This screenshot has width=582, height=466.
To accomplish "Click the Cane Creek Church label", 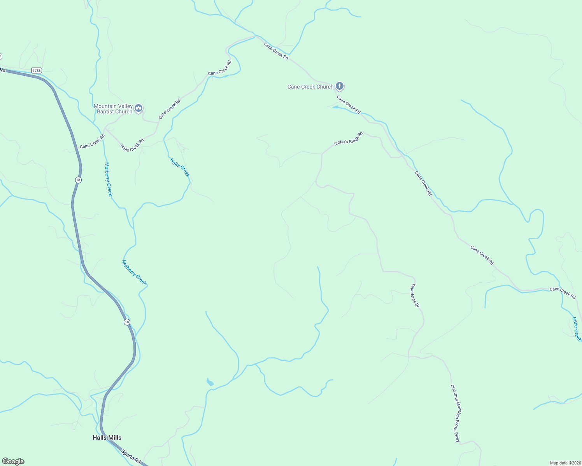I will (310, 87).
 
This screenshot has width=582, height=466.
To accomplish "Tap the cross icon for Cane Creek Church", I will (339, 86).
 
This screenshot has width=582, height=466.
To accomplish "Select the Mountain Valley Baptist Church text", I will (113, 109).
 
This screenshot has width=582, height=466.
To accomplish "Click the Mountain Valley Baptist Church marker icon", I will (138, 108).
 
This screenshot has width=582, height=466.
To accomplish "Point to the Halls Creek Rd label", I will (132, 145).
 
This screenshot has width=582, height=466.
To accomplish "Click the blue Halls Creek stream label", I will (180, 167).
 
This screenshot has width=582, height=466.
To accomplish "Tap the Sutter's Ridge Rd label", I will (348, 139).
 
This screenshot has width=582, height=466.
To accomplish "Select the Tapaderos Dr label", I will (415, 295).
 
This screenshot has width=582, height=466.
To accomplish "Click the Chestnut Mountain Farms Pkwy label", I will (455, 413).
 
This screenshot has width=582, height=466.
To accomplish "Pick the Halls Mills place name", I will (107, 438).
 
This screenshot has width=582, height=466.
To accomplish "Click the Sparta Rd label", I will (131, 457).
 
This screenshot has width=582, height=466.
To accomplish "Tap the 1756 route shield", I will (37, 70).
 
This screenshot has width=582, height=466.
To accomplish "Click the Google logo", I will (13, 461).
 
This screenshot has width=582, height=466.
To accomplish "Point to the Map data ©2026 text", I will (565, 463).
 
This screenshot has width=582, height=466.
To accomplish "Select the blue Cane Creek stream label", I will (577, 329).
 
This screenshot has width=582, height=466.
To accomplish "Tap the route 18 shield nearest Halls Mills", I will (127, 322).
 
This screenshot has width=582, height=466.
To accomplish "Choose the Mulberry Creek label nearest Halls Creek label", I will (108, 179).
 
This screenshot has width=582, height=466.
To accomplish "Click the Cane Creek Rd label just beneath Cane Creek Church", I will (349, 104).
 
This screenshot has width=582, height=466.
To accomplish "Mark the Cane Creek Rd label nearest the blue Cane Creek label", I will (563, 293).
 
